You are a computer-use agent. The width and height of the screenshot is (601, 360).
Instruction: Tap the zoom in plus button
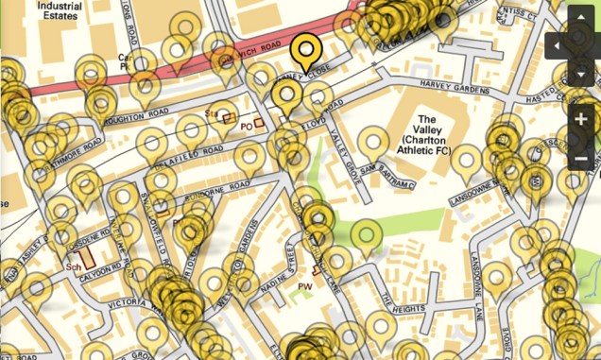coord(580,119)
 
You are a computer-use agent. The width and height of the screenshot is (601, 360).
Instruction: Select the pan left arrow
coord(557,45)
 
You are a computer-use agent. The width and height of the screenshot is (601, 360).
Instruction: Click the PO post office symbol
coord(247,125)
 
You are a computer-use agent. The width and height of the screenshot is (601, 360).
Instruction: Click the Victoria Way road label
coord(121,304)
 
